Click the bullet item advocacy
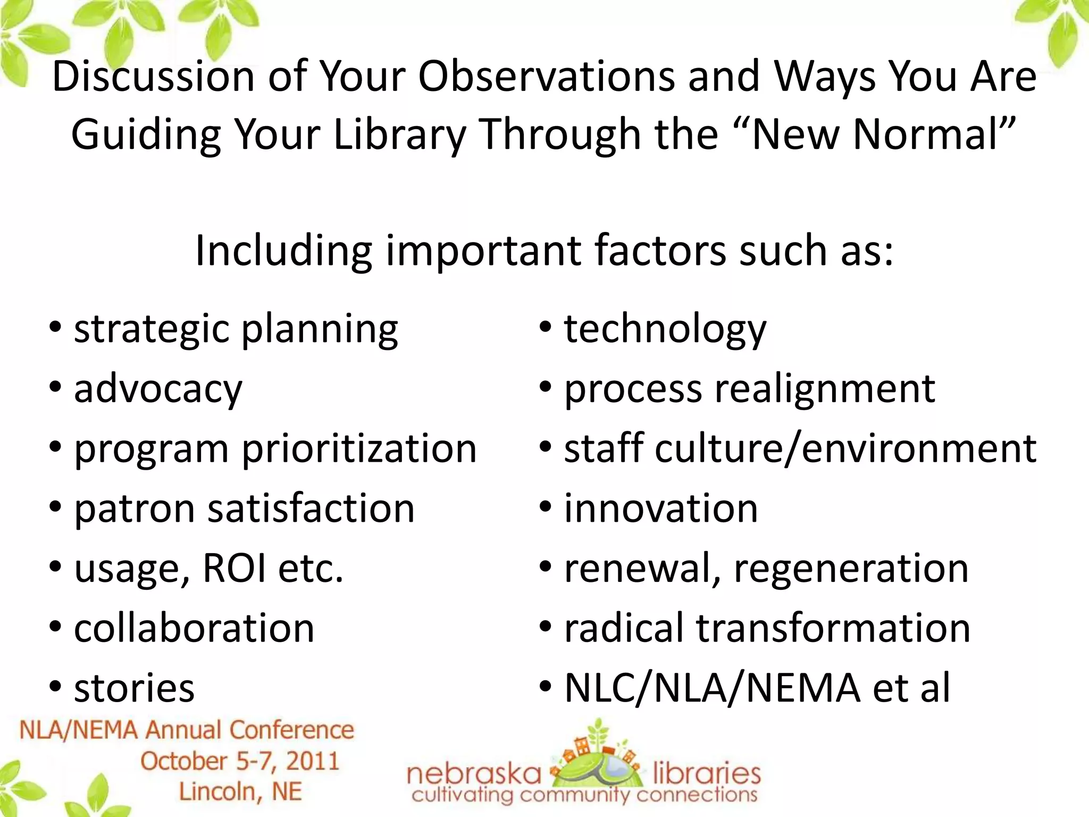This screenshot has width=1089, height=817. coord(158,389)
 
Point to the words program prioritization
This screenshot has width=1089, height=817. coord(275,449)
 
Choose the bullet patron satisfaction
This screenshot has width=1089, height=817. coord(244,509)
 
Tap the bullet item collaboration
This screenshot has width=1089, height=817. coord(194,628)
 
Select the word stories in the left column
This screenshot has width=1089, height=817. coord(134,688)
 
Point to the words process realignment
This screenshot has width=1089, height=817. coord(749,389)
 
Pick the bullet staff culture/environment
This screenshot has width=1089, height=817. coord(800,449)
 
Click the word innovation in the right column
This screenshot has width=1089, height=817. coord(660,509)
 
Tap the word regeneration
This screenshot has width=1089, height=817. coord(851,568)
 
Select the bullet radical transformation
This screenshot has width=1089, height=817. coord(767,628)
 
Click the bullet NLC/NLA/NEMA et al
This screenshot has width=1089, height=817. coord(757,688)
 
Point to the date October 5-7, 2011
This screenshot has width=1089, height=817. coord(240,761)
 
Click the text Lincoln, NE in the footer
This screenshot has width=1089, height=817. coord(240,791)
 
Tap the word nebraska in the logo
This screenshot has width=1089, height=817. coord(474,774)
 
